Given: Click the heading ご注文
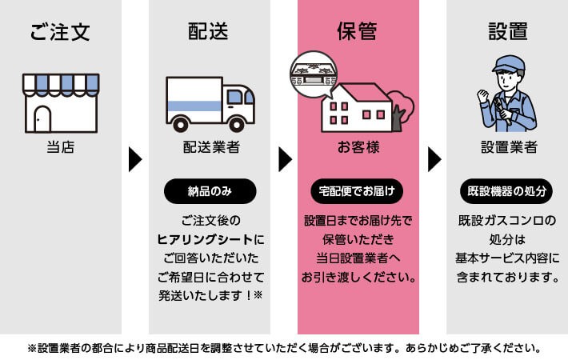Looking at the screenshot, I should (x=60, y=33).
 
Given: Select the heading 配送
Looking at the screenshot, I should (x=209, y=33).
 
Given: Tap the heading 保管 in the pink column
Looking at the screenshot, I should (x=358, y=33).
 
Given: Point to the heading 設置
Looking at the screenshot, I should (x=506, y=33).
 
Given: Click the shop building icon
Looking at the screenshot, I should (x=61, y=103).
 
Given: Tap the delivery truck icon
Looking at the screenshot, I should (x=210, y=103).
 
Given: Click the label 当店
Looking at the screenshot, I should (x=61, y=148).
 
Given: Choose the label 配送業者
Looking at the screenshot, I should (x=210, y=148).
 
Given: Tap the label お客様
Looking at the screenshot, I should (x=358, y=148).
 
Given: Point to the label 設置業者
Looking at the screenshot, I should (x=507, y=148).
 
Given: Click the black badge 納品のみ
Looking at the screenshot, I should (x=210, y=192).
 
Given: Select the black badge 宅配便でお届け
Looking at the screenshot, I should (x=358, y=192).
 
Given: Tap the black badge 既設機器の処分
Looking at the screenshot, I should (x=507, y=192).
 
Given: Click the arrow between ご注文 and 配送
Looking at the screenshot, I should (x=135, y=158).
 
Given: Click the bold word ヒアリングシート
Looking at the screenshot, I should (x=206, y=238).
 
